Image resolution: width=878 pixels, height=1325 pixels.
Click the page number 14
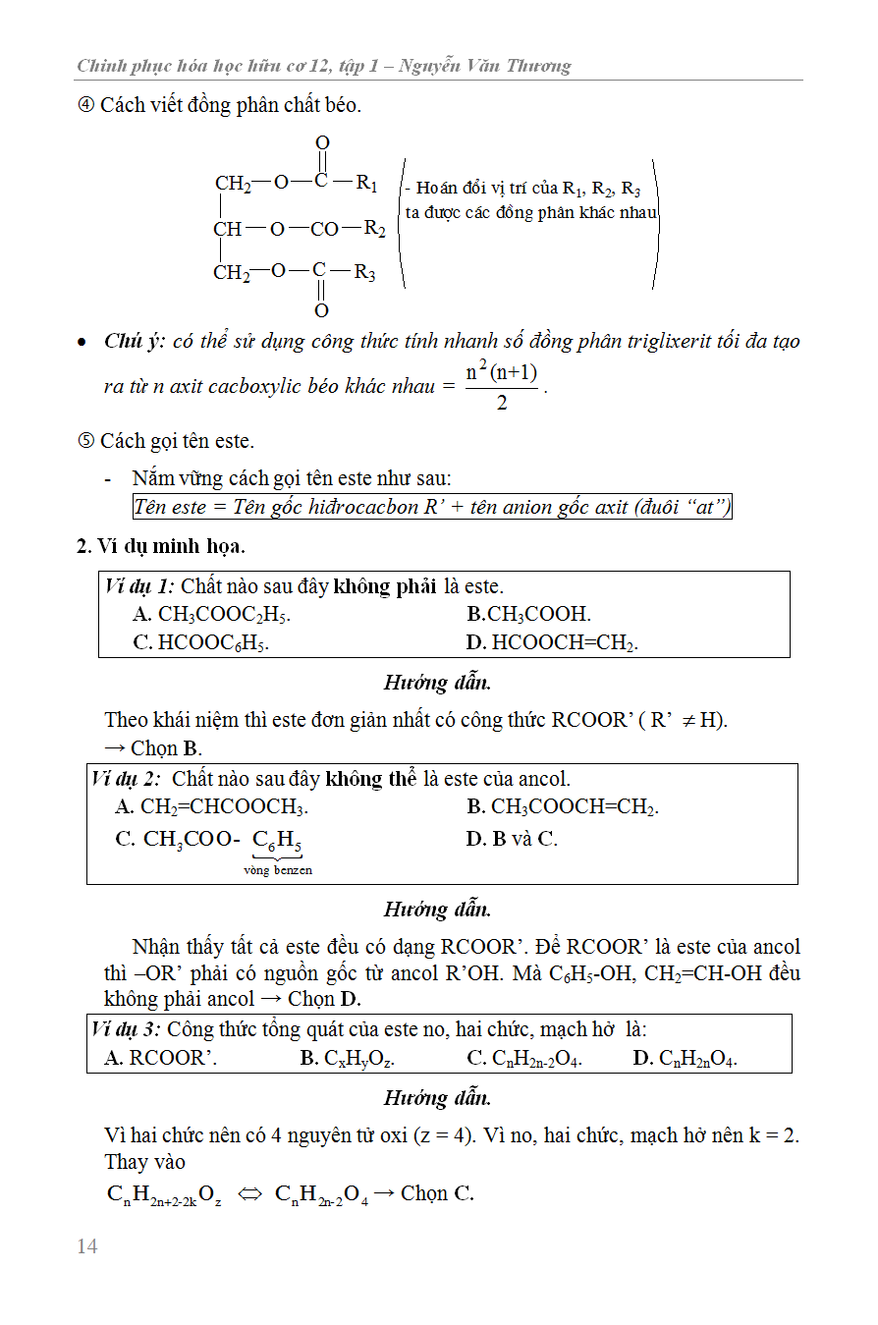(x=87, y=1246)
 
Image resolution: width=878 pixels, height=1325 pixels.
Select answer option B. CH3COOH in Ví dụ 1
(x=528, y=615)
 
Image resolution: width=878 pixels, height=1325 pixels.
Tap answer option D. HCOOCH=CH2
(x=552, y=643)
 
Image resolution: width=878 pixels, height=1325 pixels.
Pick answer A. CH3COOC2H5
(x=211, y=615)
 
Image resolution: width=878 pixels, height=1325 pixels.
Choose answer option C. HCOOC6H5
(x=200, y=643)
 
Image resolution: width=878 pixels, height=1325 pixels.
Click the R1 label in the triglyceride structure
(x=367, y=182)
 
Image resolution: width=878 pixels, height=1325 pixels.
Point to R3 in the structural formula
(x=365, y=272)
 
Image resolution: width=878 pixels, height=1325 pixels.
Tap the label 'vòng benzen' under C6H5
(x=278, y=870)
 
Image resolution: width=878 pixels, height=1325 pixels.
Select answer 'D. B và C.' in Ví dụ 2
(x=512, y=839)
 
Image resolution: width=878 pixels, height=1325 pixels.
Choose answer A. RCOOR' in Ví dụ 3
(x=160, y=1058)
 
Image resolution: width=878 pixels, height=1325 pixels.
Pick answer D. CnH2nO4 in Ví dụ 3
(x=685, y=1058)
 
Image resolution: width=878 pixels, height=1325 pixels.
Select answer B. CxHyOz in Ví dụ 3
(x=347, y=1058)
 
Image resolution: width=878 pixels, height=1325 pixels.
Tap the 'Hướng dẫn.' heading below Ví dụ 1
(x=437, y=683)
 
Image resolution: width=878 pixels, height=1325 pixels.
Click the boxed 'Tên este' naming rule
(x=432, y=508)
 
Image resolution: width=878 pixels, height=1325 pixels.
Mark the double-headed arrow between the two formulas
(x=249, y=1194)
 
